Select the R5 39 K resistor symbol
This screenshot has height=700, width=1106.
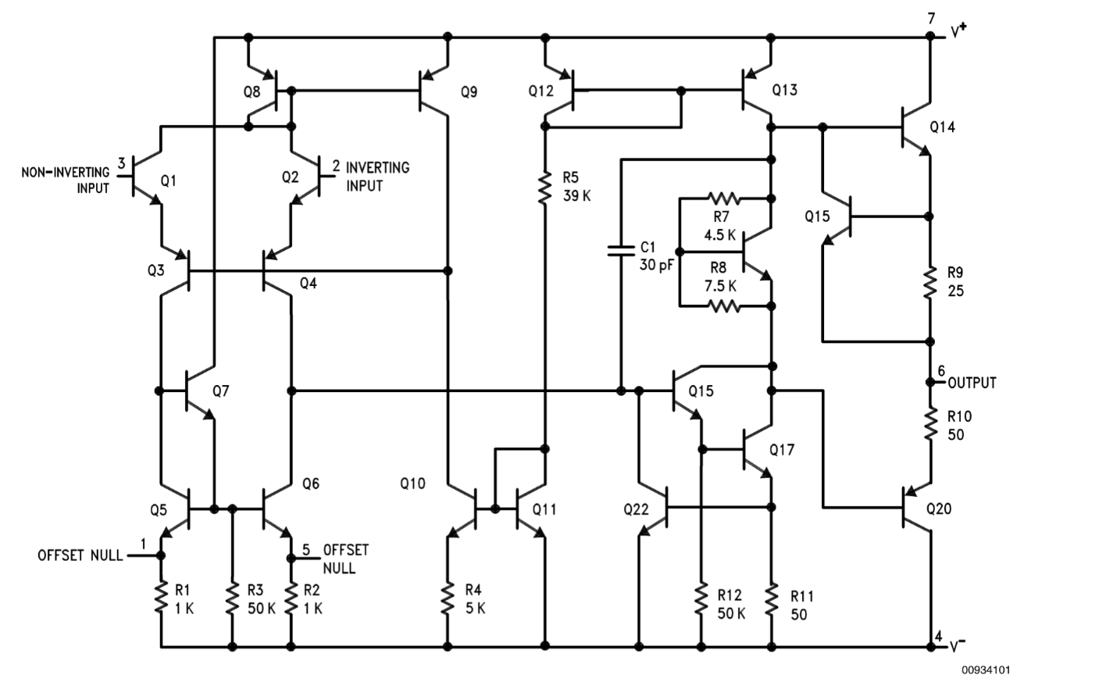coord(545,187)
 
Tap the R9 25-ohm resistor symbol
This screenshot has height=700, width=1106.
coord(929,284)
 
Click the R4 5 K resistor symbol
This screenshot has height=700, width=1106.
coord(448,599)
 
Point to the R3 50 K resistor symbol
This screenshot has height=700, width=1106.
coord(232,599)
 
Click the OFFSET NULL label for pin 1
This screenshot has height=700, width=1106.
coord(80,555)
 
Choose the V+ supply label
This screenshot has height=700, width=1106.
coord(958,31)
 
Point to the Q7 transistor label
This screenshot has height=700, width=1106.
coord(220,391)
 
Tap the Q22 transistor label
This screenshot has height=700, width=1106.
coord(636,509)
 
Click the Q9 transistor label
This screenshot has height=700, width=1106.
coord(469,92)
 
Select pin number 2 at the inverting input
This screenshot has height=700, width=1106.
coord(336,166)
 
